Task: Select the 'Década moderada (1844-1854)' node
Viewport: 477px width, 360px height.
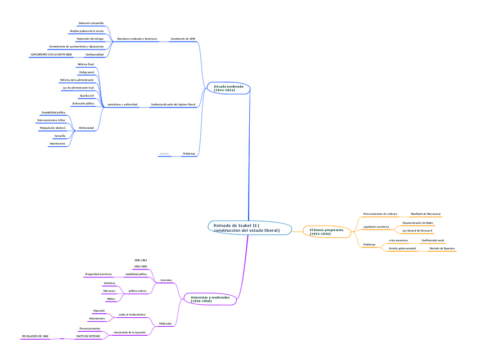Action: coord(228,88)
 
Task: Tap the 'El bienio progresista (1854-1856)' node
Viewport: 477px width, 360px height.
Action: coord(327,231)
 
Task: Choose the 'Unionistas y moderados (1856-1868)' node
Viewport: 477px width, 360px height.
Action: coord(209,299)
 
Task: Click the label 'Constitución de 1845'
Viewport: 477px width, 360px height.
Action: coord(183,39)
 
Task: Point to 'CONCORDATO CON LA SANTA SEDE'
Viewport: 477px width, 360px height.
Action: coord(51,55)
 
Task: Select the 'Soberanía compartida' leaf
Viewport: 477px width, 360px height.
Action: coord(91,23)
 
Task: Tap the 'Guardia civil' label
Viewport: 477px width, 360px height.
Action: coord(87,96)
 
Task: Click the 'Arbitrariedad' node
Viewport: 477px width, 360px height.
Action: coord(86,128)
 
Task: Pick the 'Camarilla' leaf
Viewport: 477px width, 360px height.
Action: coord(60,136)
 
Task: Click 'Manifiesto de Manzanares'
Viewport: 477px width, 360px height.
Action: coord(426,214)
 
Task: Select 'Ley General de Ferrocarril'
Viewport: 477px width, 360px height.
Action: coord(417,231)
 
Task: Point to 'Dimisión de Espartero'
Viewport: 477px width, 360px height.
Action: coord(442,248)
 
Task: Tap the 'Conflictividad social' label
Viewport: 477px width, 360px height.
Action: coord(433,240)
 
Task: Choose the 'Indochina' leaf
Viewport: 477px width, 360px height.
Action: coord(110,282)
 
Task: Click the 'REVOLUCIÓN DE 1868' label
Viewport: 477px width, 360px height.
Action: coord(35,336)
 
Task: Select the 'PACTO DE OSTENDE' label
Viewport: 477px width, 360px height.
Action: coord(88,336)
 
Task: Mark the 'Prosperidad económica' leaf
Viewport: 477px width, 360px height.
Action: coord(98,274)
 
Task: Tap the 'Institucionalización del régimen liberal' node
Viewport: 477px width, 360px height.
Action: coord(173,105)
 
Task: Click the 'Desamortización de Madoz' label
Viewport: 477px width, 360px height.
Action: coord(418,223)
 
